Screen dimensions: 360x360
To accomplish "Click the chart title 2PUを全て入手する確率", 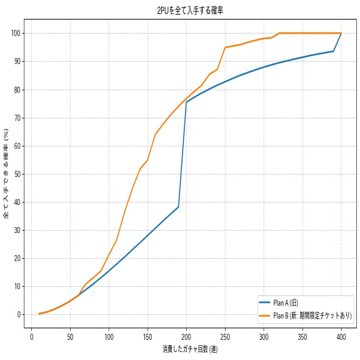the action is click(190, 11).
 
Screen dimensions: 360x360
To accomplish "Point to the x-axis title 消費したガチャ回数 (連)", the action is click(190, 349).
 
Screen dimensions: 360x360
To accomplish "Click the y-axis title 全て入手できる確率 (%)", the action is click(6, 174).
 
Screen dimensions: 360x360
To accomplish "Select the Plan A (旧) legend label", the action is click(286, 303).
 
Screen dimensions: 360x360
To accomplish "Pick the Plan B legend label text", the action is click(312, 315).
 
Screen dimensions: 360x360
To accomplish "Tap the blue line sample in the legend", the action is click(264, 303).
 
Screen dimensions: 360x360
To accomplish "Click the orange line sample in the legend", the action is click(264, 315).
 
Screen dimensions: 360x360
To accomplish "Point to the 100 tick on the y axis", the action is click(16, 34).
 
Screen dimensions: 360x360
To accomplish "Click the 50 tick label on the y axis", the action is click(18, 174).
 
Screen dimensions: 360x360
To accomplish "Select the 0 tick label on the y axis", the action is click(19, 314).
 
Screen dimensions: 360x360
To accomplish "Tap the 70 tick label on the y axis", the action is click(18, 118).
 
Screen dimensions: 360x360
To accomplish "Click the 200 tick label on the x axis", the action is click(186, 337).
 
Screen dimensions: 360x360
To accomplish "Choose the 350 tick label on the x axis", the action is click(303, 337).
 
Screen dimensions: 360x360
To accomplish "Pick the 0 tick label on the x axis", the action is click(32, 337).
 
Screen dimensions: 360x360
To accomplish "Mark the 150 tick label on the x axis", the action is click(148, 337).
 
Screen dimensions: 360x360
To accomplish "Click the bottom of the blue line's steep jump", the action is click(178, 207).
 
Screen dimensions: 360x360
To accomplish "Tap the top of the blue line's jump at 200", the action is click(186, 102).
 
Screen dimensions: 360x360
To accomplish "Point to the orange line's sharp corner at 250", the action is click(225, 48).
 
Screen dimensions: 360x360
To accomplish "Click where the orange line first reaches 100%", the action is click(279, 34).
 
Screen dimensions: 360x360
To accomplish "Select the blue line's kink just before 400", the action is click(333, 51).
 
